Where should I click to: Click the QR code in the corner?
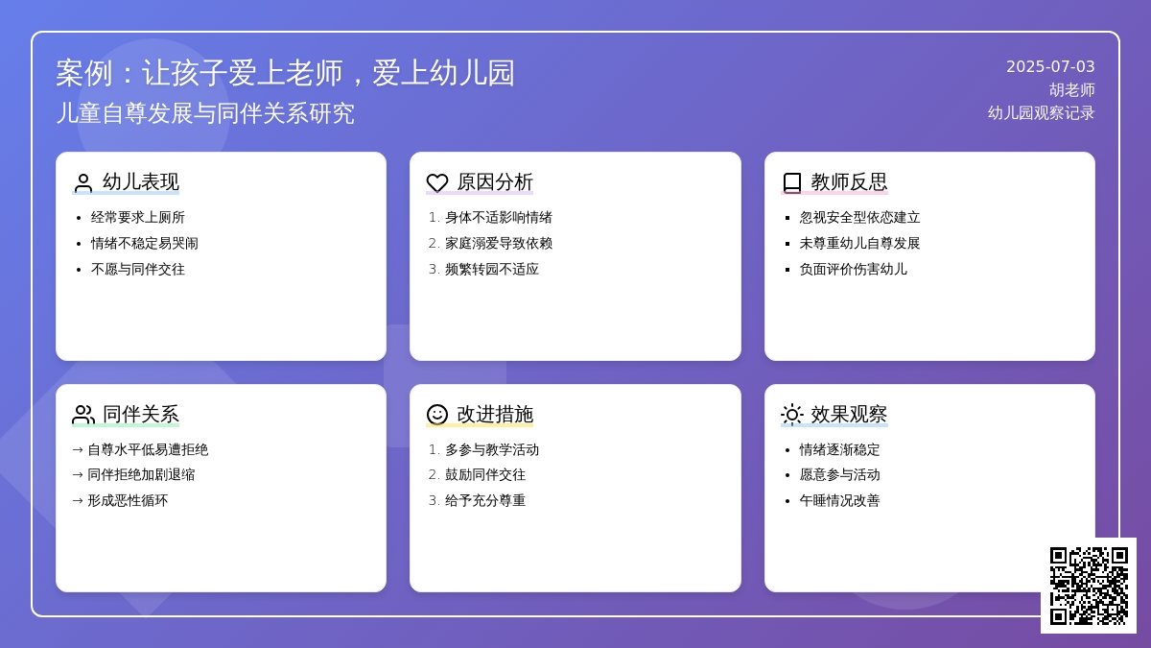(x=1089, y=586)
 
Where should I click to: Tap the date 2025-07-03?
(x=1050, y=67)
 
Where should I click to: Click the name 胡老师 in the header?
(x=1072, y=90)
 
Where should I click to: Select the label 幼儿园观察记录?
(x=1041, y=113)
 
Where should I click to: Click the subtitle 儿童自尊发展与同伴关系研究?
(x=205, y=113)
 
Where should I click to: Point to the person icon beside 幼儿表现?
(x=82, y=182)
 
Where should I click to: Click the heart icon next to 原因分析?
(x=437, y=182)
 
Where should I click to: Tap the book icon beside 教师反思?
(x=792, y=182)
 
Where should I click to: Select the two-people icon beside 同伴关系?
(x=83, y=415)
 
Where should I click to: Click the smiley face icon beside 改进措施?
(x=437, y=415)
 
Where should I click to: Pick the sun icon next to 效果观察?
(x=792, y=415)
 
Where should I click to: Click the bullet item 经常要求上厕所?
(x=138, y=218)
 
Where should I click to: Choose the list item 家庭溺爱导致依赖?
(x=499, y=243)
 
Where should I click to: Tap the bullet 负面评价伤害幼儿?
(x=853, y=269)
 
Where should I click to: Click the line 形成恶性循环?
(x=128, y=500)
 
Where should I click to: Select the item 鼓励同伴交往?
(x=485, y=474)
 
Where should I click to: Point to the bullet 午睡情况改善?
(x=839, y=500)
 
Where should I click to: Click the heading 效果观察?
(x=849, y=414)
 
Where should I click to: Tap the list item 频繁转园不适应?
(x=492, y=269)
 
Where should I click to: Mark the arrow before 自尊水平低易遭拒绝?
(x=78, y=450)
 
